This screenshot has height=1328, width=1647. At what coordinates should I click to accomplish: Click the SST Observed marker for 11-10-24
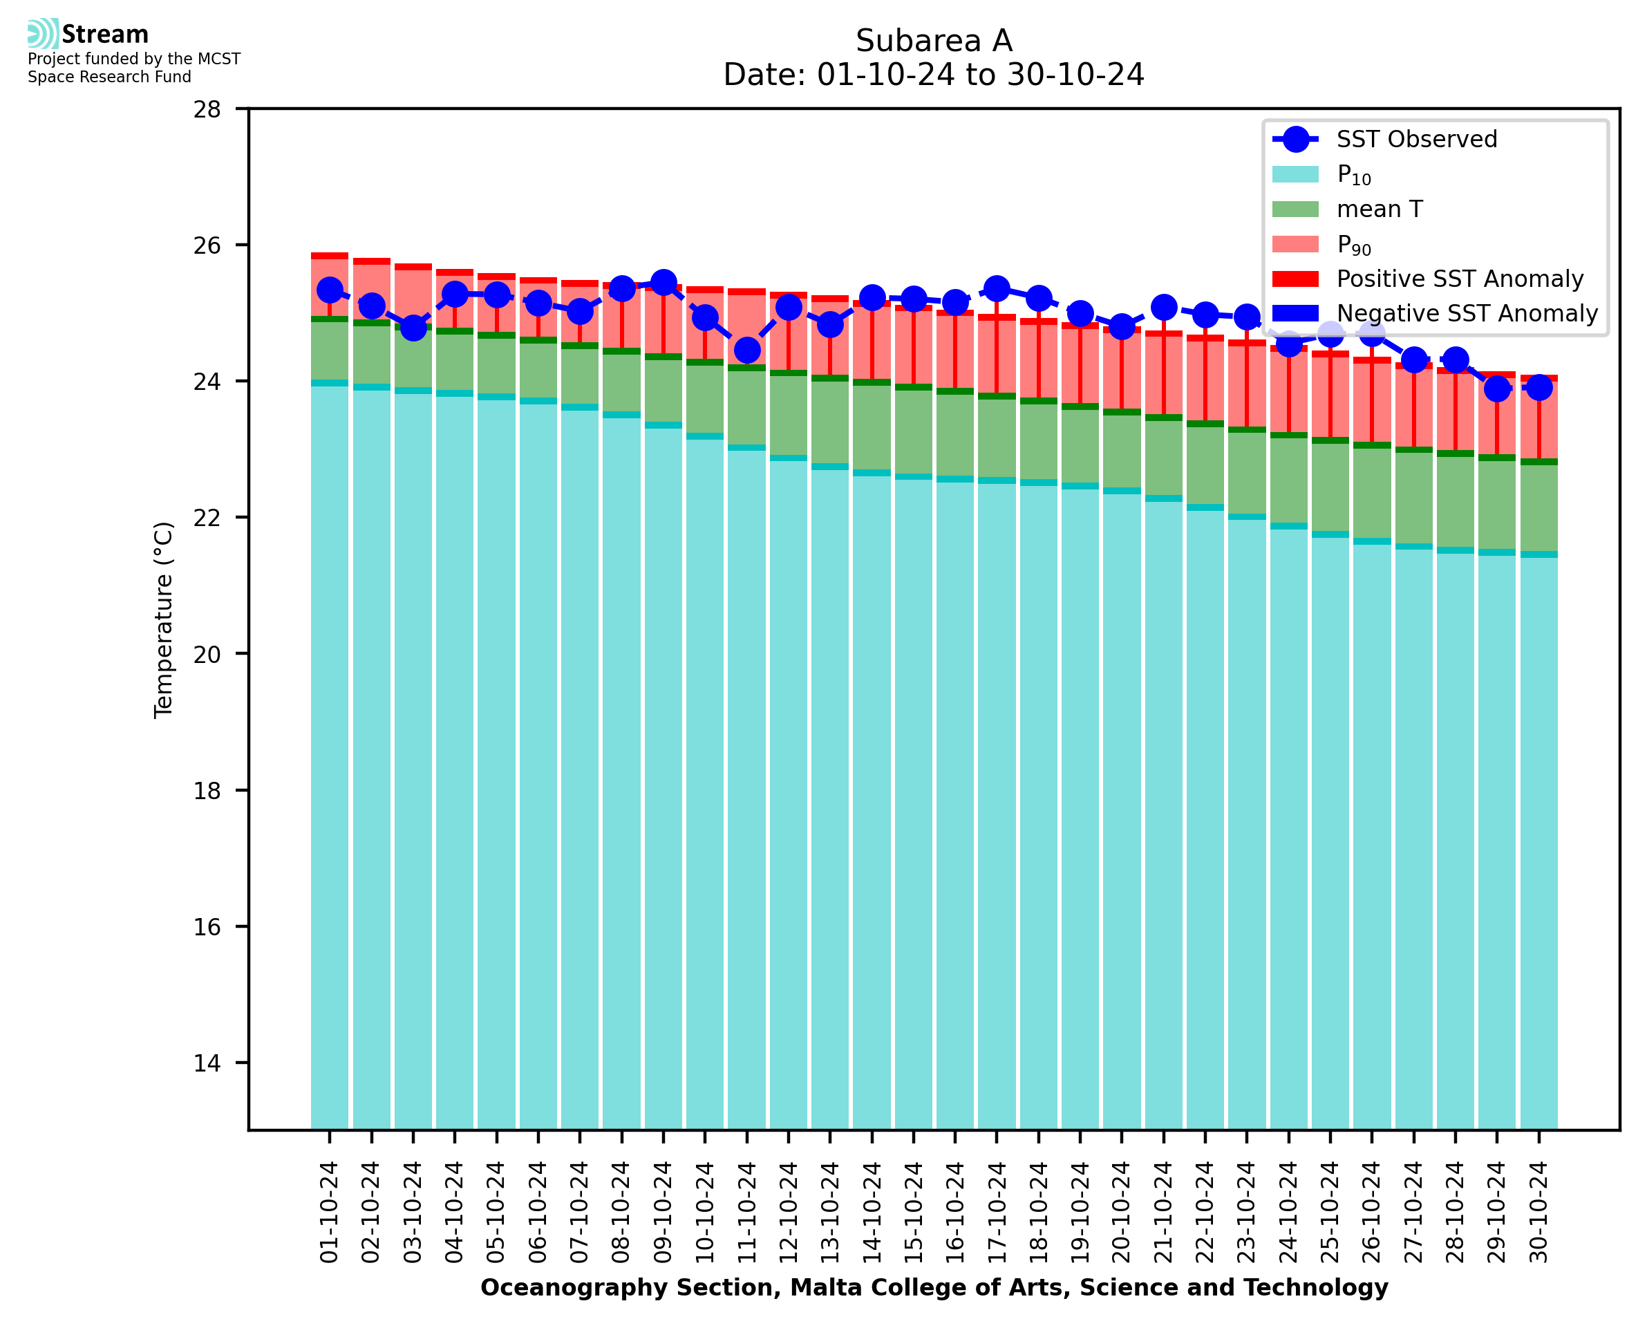tap(747, 350)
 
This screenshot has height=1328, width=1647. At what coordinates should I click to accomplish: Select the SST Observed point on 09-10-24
tap(663, 283)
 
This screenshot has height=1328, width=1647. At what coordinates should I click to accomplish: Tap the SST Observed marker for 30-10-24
tap(1539, 388)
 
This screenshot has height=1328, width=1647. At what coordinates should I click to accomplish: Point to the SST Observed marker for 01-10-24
tap(330, 290)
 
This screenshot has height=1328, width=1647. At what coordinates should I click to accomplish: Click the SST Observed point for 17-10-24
tap(997, 289)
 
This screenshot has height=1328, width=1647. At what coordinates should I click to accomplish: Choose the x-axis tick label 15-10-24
tap(914, 1213)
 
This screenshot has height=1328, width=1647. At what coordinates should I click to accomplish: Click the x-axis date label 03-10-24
tap(413, 1213)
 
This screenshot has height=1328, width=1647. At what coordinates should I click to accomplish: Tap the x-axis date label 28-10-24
tap(1456, 1213)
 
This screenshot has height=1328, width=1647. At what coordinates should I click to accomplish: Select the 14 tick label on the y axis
tap(207, 1063)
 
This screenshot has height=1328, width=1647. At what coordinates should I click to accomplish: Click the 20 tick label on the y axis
tap(207, 655)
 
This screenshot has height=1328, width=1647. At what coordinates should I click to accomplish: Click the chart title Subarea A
tap(934, 41)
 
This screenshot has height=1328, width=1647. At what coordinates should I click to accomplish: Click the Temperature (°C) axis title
tap(164, 620)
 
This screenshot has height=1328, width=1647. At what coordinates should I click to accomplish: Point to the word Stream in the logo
tap(106, 35)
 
